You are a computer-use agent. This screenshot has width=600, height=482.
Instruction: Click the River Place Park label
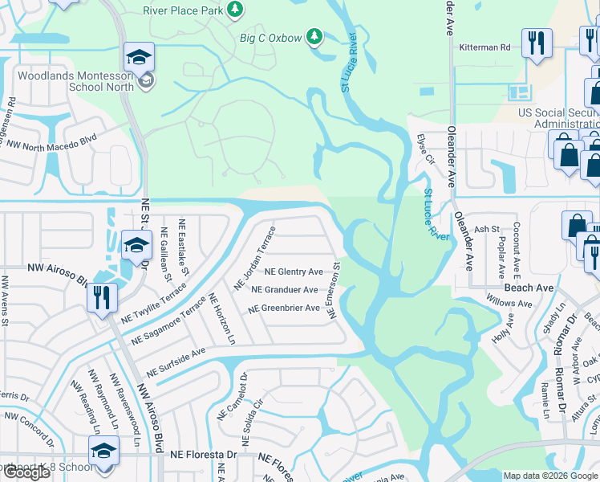click(x=183, y=10)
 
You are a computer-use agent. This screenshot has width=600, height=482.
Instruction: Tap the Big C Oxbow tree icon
click(x=315, y=37)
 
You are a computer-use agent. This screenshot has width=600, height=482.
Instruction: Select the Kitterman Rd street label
click(x=484, y=47)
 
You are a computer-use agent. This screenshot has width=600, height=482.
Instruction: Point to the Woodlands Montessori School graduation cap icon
click(x=138, y=58)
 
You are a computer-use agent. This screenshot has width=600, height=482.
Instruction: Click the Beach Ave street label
click(x=529, y=287)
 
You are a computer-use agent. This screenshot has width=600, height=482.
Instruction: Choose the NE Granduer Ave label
click(x=284, y=290)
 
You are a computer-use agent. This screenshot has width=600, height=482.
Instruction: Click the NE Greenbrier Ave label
click(x=284, y=308)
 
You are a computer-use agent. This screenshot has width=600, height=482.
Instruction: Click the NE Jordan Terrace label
click(x=255, y=258)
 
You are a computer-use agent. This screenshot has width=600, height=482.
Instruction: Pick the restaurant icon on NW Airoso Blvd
click(x=102, y=298)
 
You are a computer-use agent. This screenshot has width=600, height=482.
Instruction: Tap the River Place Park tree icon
click(x=235, y=10)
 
